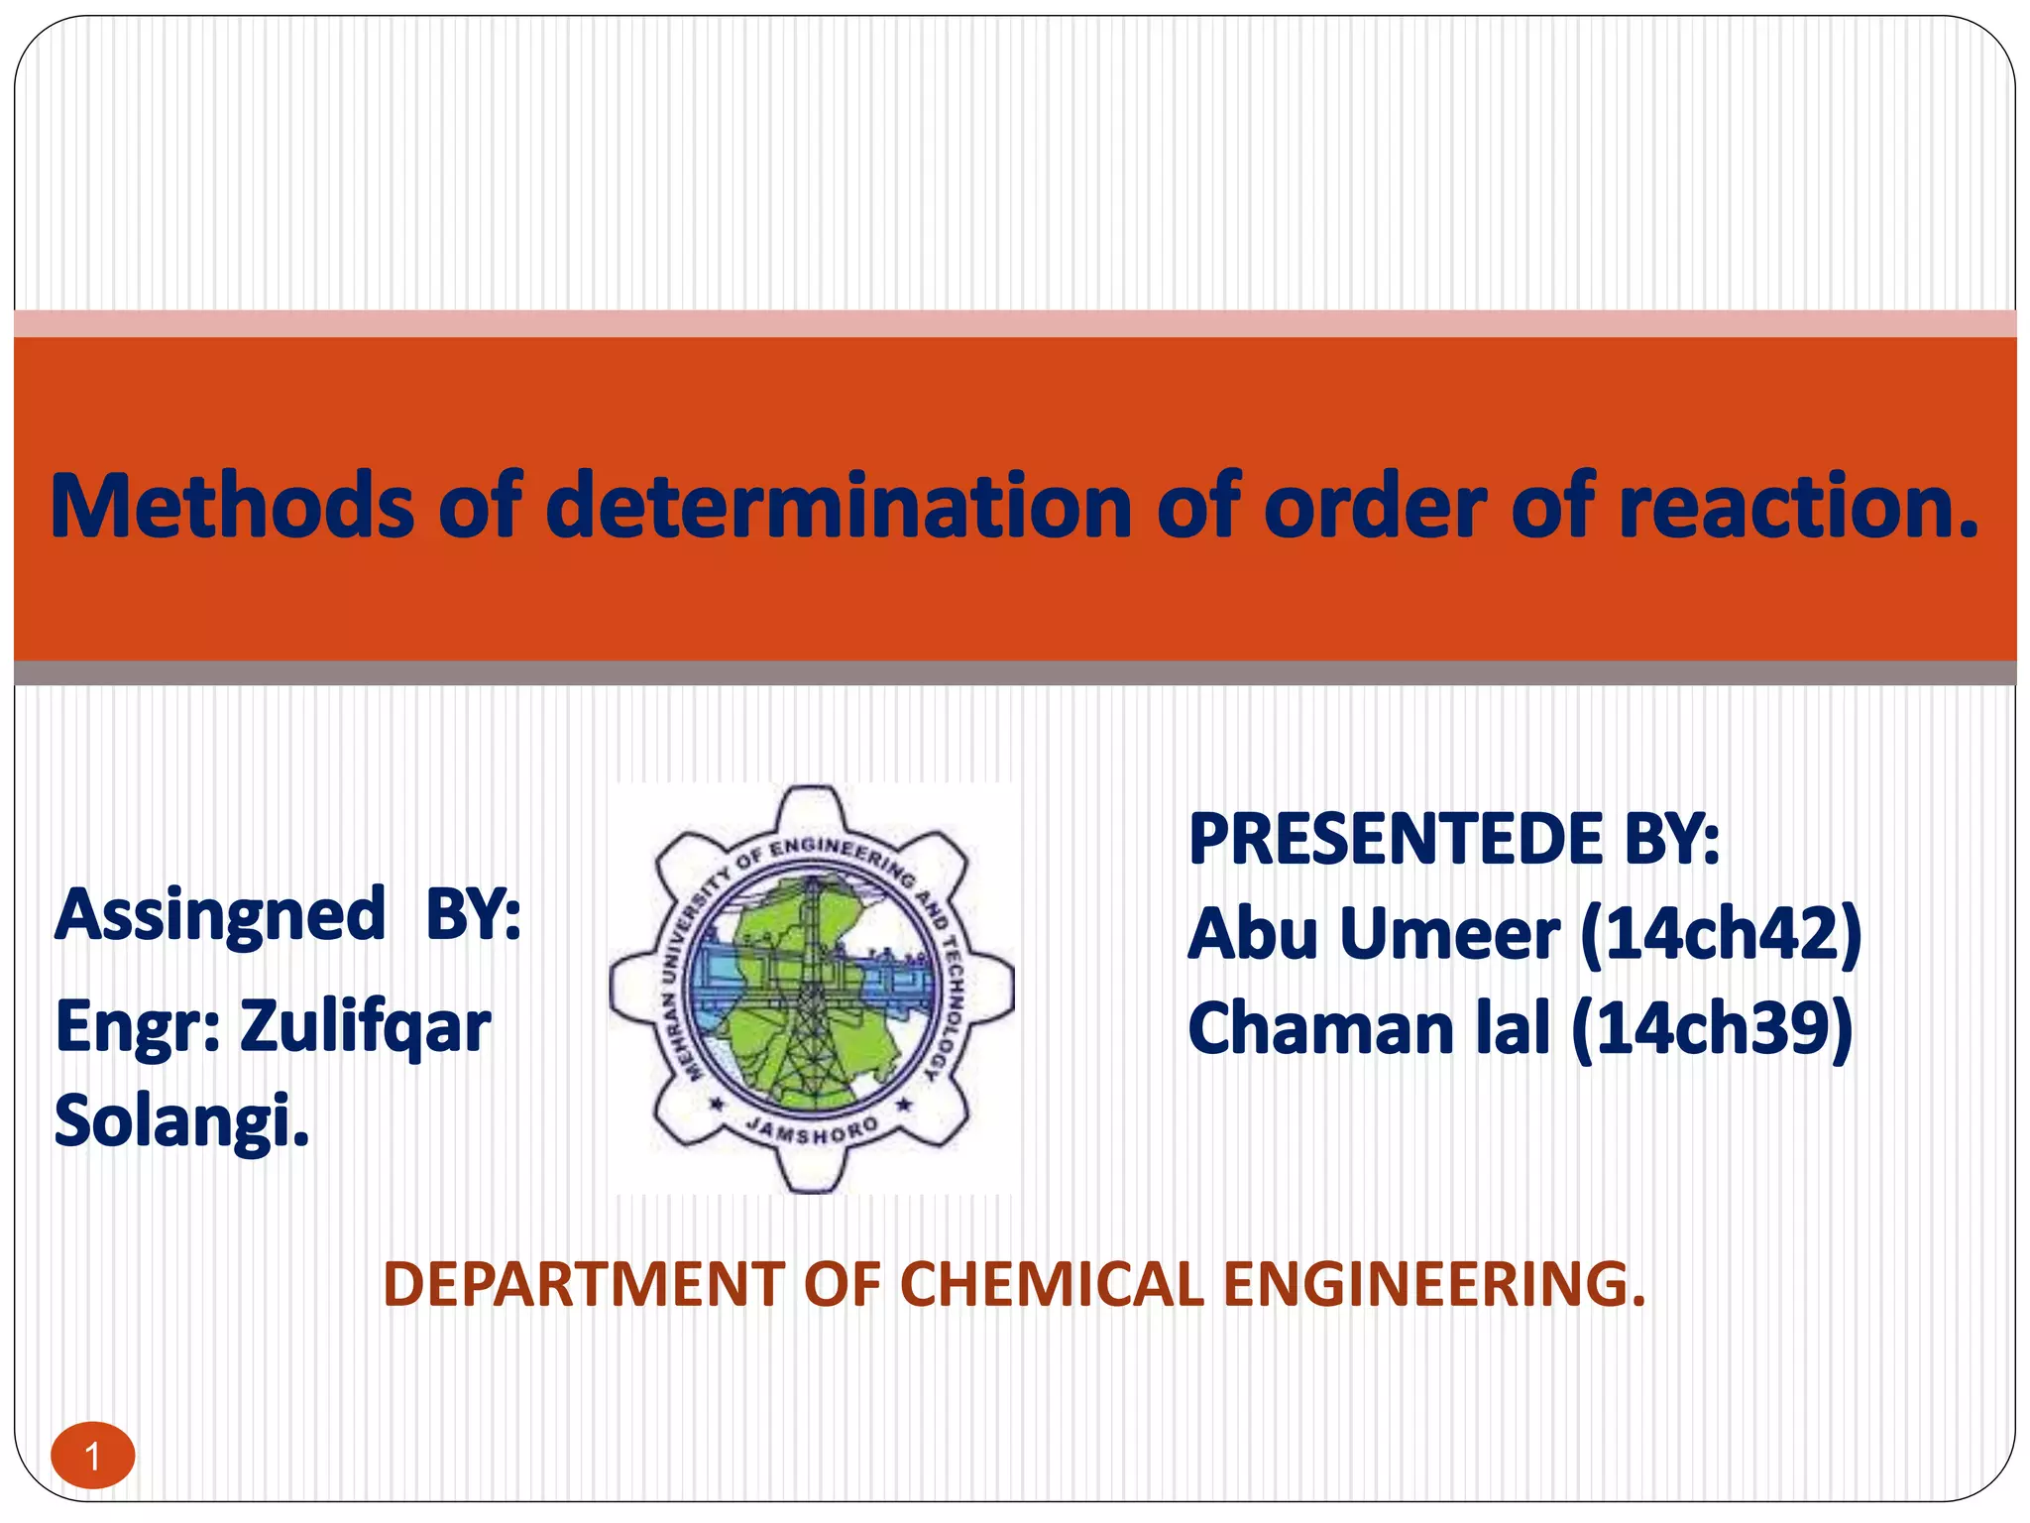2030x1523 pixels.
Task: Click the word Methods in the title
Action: point(231,507)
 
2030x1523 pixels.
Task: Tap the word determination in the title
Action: point(838,507)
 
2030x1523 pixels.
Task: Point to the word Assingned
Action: point(219,915)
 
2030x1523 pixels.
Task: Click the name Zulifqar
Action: point(365,1026)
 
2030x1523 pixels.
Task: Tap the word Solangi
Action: point(181,1121)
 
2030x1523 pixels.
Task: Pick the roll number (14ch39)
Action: point(1712,1028)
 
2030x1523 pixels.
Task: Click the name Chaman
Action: point(1320,1028)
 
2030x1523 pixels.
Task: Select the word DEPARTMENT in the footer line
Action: point(584,1284)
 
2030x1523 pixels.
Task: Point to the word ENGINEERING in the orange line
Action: point(1433,1284)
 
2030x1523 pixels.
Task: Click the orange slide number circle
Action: point(93,1457)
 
